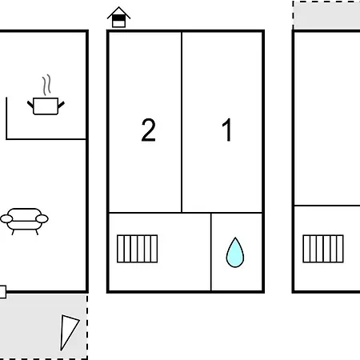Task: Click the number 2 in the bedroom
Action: (x=148, y=130)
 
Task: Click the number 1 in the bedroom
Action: (x=227, y=130)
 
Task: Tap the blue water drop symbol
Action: (x=235, y=252)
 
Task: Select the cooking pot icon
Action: (x=46, y=106)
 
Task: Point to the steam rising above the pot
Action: (x=46, y=85)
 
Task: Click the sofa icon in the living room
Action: (x=24, y=221)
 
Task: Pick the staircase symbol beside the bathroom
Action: (x=138, y=249)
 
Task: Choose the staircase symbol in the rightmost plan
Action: (x=323, y=249)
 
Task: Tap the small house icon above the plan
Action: (x=118, y=17)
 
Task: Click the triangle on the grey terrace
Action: (x=68, y=330)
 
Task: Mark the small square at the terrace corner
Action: (x=2, y=292)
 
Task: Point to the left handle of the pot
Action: (x=30, y=104)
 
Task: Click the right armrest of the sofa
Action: (x=42, y=219)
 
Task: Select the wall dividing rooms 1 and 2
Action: (x=182, y=122)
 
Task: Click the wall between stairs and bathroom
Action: (x=211, y=252)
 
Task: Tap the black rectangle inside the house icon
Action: (x=118, y=18)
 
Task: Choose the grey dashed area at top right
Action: (x=326, y=14)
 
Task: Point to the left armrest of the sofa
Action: (x=6, y=219)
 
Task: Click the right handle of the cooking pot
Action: (x=61, y=104)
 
